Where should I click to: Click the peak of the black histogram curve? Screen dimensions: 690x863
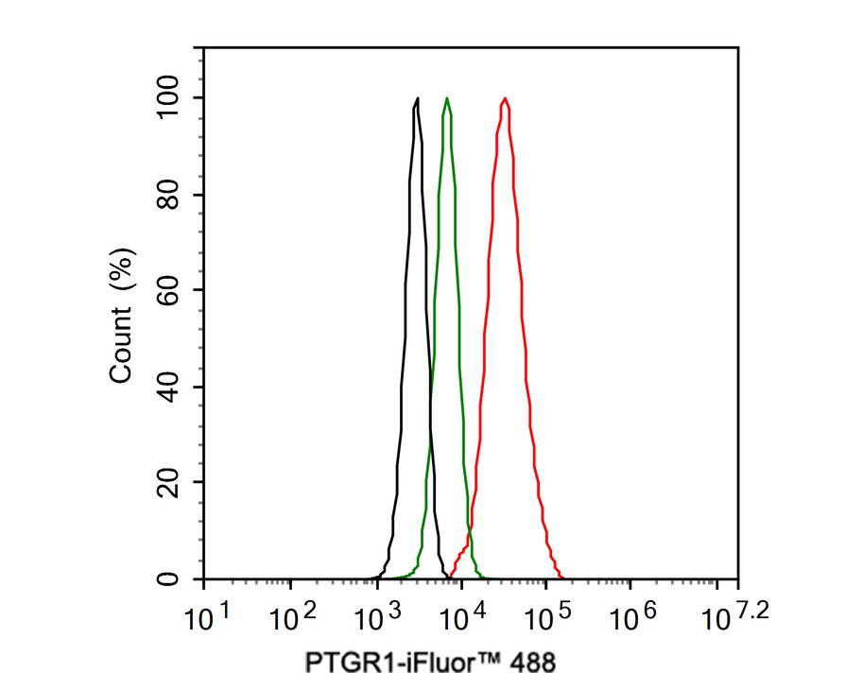(417, 98)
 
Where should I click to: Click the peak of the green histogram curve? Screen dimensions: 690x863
(447, 98)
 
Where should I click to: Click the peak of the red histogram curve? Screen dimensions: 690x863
(506, 98)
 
